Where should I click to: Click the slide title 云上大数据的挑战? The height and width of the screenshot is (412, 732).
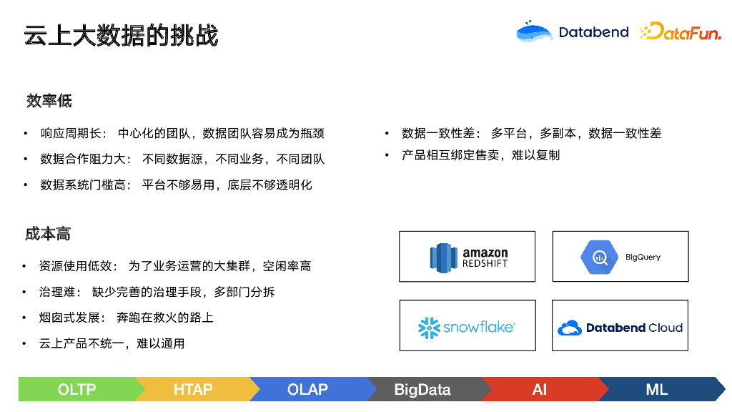pyautogui.click(x=121, y=36)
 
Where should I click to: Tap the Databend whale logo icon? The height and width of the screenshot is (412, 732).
pyautogui.click(x=534, y=32)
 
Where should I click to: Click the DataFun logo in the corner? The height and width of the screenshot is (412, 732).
pyautogui.click(x=680, y=32)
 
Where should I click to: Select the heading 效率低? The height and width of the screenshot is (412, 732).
pyautogui.click(x=49, y=101)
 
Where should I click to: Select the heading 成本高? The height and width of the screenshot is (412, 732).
pyautogui.click(x=48, y=234)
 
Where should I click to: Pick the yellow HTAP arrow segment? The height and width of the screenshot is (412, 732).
pyautogui.click(x=193, y=390)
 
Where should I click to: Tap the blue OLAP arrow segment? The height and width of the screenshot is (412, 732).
pyautogui.click(x=307, y=390)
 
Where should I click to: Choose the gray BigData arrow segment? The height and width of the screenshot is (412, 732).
pyautogui.click(x=422, y=390)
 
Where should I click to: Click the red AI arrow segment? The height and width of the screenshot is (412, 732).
pyautogui.click(x=539, y=390)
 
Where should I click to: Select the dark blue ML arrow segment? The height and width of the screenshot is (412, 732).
pyautogui.click(x=656, y=390)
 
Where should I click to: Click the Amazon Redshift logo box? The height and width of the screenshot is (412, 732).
pyautogui.click(x=468, y=257)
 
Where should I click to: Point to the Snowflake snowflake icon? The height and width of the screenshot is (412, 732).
pyautogui.click(x=429, y=328)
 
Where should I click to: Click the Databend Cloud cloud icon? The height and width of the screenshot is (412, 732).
pyautogui.click(x=570, y=328)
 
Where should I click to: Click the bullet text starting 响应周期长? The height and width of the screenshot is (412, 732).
pyautogui.click(x=182, y=133)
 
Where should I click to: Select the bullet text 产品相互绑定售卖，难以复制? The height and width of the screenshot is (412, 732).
pyautogui.click(x=480, y=155)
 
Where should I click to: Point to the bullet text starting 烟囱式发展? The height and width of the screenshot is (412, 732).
pyautogui.click(x=127, y=318)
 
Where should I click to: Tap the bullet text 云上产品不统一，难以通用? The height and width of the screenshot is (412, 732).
pyautogui.click(x=112, y=343)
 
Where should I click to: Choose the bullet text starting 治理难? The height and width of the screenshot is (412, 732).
pyautogui.click(x=157, y=292)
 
